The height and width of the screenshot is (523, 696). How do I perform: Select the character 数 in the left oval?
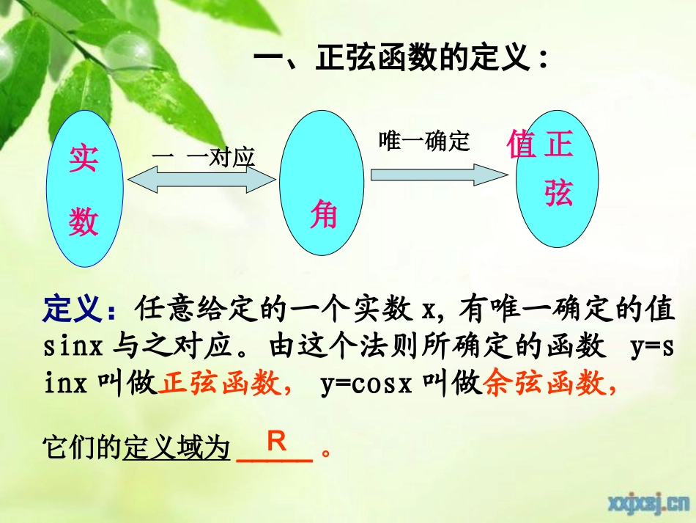tap(84, 221)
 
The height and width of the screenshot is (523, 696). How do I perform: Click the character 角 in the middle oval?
tap(323, 215)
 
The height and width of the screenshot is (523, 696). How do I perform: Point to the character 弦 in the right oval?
tap(558, 193)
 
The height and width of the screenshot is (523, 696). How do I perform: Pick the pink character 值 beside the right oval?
tap(521, 144)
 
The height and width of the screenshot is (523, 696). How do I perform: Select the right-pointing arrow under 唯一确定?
tap(438, 175)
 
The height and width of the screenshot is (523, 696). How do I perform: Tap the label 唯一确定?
tap(424, 141)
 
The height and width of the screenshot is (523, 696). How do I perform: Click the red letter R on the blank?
tap(275, 442)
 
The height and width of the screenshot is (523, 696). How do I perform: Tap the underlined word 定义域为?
tap(177, 447)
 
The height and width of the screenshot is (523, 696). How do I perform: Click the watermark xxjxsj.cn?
tap(645, 502)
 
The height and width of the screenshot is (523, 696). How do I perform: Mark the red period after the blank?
tap(327, 452)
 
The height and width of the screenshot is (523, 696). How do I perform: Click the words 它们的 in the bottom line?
tap(81, 447)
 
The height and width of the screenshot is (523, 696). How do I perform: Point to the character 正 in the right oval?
tap(558, 144)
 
